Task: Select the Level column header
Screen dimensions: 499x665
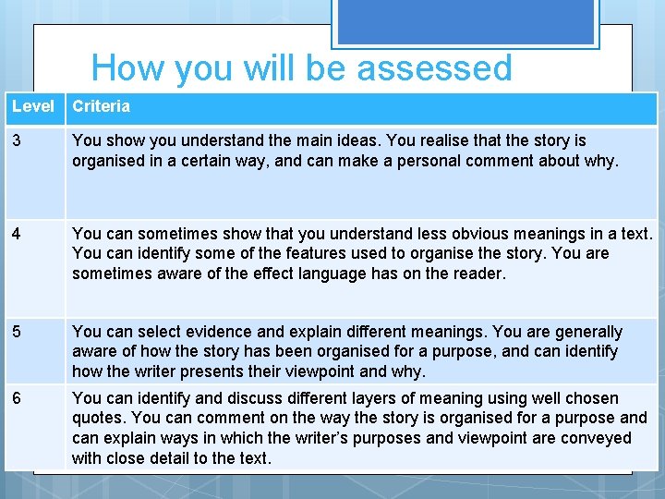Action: [32, 106]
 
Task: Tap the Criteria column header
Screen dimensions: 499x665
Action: [101, 106]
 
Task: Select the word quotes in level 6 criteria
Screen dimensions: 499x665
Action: [97, 418]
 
